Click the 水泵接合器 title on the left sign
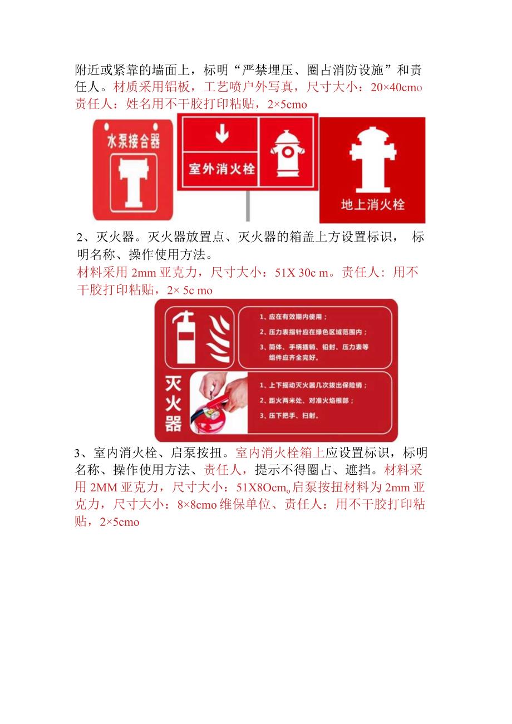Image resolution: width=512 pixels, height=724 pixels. point(133,141)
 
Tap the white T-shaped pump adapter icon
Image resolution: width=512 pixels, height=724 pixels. point(133,182)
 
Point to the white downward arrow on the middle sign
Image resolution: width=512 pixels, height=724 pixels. point(222,133)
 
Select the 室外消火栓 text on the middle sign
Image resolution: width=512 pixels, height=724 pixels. point(221,169)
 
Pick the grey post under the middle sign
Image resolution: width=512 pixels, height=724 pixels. point(247,206)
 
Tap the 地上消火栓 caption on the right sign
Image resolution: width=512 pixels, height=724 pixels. point(372,204)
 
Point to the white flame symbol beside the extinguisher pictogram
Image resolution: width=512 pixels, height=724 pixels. point(218,339)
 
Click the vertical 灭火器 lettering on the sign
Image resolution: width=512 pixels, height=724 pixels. point(173,404)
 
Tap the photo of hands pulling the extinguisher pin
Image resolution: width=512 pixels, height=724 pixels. point(219,403)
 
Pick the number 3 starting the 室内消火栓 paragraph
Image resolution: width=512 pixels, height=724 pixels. point(78,452)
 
